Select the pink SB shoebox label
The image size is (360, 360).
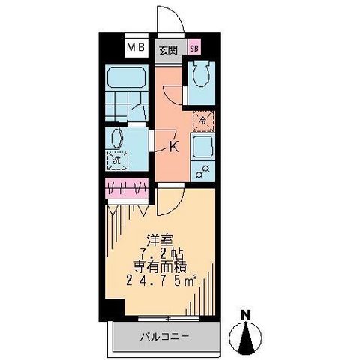pos(194,50)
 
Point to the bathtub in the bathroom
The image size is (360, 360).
pos(127,77)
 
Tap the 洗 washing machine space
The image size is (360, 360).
pos(117,160)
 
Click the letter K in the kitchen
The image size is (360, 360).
pos(173,147)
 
